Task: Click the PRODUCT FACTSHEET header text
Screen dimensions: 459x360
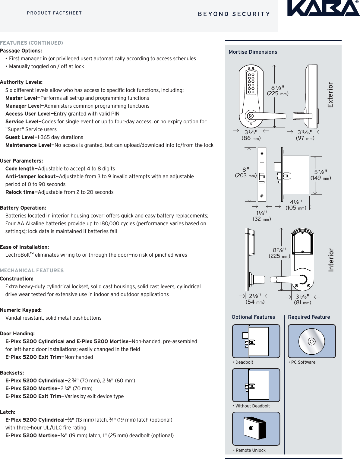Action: pos(54,13)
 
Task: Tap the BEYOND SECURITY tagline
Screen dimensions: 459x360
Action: pos(234,14)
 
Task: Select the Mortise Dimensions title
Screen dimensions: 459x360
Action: pos(253,52)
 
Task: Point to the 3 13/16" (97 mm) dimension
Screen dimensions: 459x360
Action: pos(305,135)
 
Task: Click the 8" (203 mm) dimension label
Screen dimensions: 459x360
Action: pos(246,173)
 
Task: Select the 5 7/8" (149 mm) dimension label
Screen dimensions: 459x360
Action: pos(321,175)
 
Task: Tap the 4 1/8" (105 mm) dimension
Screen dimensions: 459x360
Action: pos(296,205)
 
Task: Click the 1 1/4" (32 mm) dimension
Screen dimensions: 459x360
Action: pos(261,216)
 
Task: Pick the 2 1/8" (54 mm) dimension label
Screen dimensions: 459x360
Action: pos(255,299)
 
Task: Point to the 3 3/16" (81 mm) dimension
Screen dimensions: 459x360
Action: pos(302,299)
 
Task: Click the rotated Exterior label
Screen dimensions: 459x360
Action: pos(330,95)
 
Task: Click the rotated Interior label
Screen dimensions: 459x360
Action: pos(331,260)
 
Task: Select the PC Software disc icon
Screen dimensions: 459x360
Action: pos(312,341)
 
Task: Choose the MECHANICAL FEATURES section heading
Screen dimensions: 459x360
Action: pos(32,271)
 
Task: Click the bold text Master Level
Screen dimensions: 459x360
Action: pos(23,98)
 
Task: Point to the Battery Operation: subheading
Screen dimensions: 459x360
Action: pos(23,208)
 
